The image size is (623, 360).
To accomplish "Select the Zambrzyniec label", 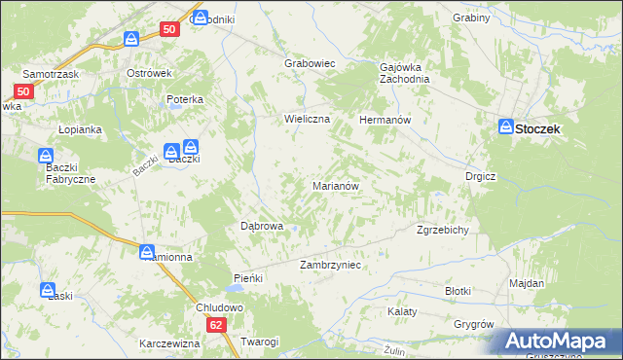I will click(x=331, y=265).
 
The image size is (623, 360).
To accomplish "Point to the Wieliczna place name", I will click(x=308, y=119).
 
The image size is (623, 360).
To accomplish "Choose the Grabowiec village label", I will click(x=310, y=63).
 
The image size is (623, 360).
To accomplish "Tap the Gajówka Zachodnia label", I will click(x=404, y=74).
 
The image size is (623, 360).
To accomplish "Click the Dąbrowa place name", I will click(x=262, y=226).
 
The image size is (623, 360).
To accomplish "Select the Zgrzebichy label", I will click(x=444, y=231).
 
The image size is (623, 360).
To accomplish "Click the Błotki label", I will click(x=458, y=291).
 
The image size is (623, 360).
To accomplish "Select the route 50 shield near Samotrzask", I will click(x=24, y=91).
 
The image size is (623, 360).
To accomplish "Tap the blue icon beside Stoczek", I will click(x=506, y=126).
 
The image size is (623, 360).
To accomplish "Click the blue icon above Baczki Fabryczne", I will click(x=46, y=155).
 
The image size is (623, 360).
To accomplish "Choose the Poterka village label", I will click(x=184, y=99).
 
